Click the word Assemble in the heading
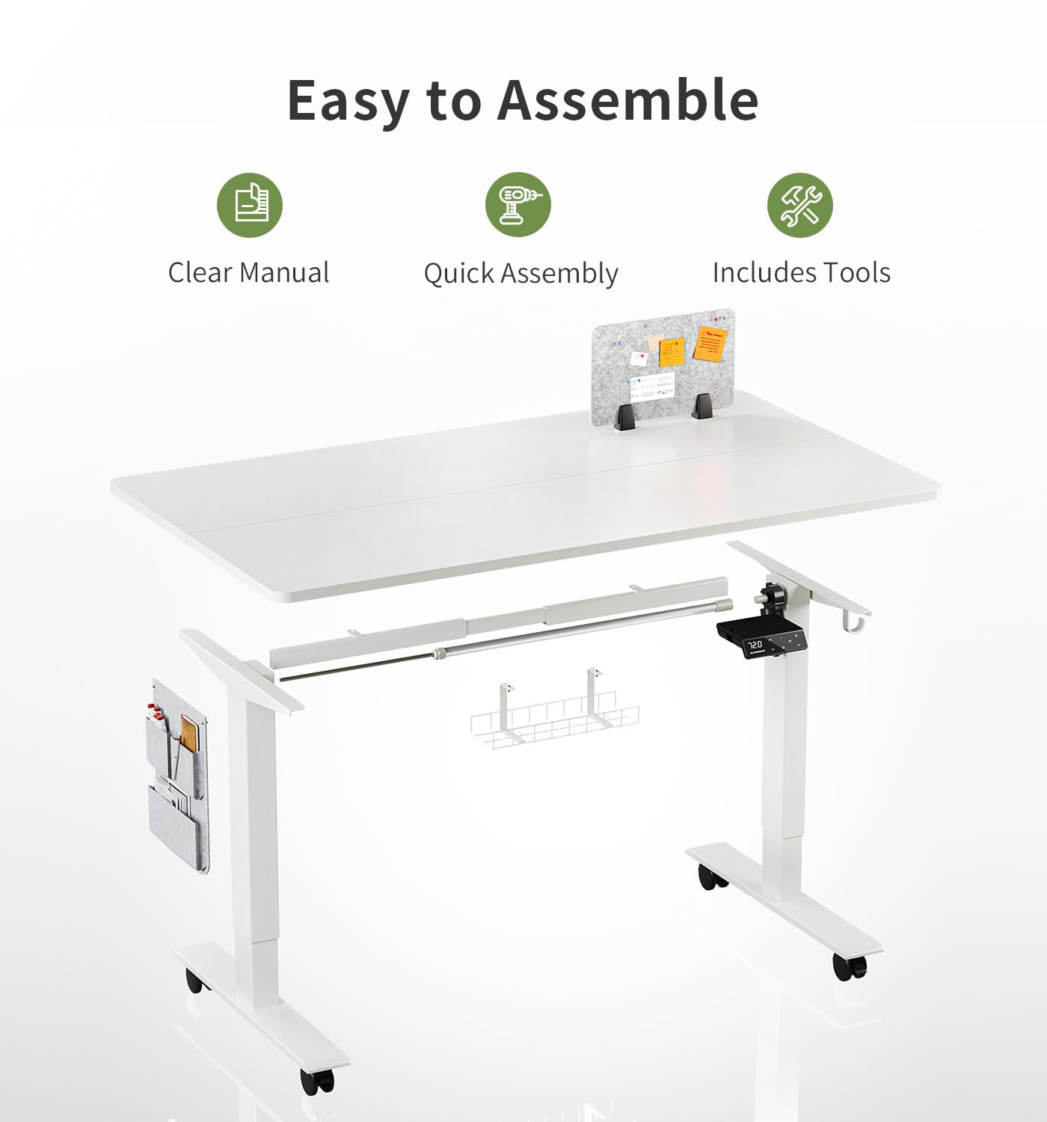tap(628, 100)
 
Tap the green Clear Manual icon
tap(249, 204)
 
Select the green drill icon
tap(518, 204)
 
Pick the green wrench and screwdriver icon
tap(800, 204)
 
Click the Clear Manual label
tap(248, 273)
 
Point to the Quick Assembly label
tap(521, 274)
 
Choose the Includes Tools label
tap(801, 273)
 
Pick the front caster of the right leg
tap(850, 967)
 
